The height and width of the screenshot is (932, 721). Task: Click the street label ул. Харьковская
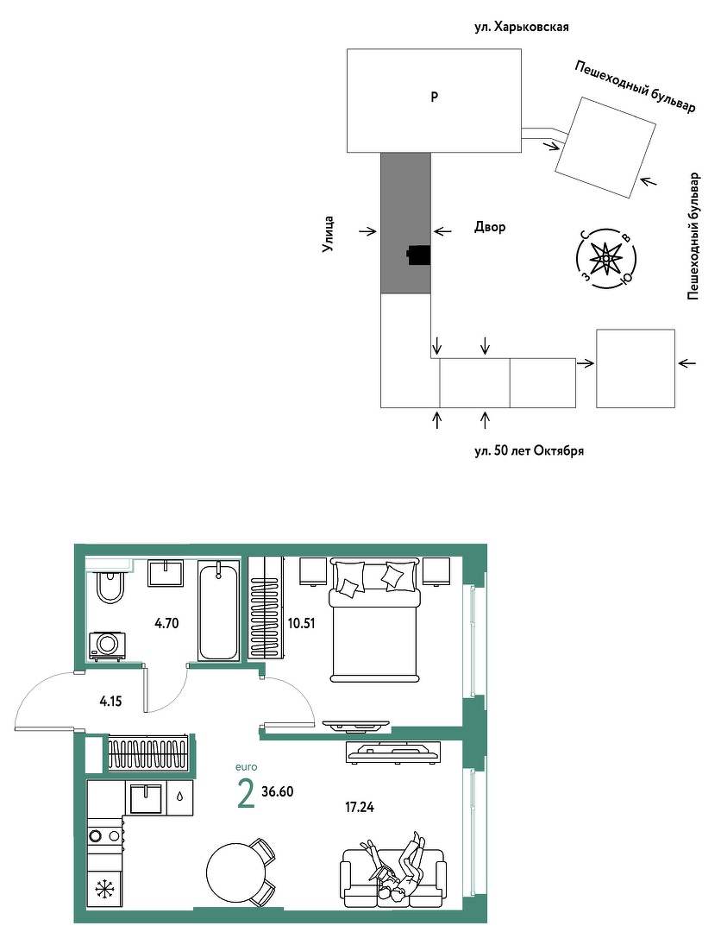522,27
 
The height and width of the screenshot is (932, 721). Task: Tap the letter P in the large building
435,97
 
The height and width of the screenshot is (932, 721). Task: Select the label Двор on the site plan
490,227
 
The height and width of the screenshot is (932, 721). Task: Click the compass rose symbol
605,259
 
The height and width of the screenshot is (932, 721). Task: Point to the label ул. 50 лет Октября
530,450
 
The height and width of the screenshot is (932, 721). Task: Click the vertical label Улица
329,234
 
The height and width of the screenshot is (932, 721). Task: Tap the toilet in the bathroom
110,586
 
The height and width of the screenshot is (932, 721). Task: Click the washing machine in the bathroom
108,646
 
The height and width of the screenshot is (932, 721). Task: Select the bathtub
218,611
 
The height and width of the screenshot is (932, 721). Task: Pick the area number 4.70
166,624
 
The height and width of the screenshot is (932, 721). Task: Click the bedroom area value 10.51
301,624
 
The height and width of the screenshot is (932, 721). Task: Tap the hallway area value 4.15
111,702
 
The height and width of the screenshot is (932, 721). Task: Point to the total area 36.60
278,791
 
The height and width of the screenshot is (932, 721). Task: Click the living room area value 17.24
360,807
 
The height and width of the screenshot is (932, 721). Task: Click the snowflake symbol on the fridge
104,889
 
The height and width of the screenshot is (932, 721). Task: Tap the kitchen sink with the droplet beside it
146,798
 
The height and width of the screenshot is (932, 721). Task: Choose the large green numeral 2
246,795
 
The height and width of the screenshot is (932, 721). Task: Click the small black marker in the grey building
418,255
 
